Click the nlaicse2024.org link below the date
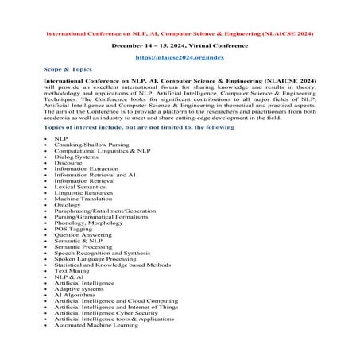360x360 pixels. coord(180,58)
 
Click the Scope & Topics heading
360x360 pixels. coord(68,69)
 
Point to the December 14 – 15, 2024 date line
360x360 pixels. coord(180,46)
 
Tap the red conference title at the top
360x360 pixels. coord(180,35)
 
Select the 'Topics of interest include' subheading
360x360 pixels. coord(128,126)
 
